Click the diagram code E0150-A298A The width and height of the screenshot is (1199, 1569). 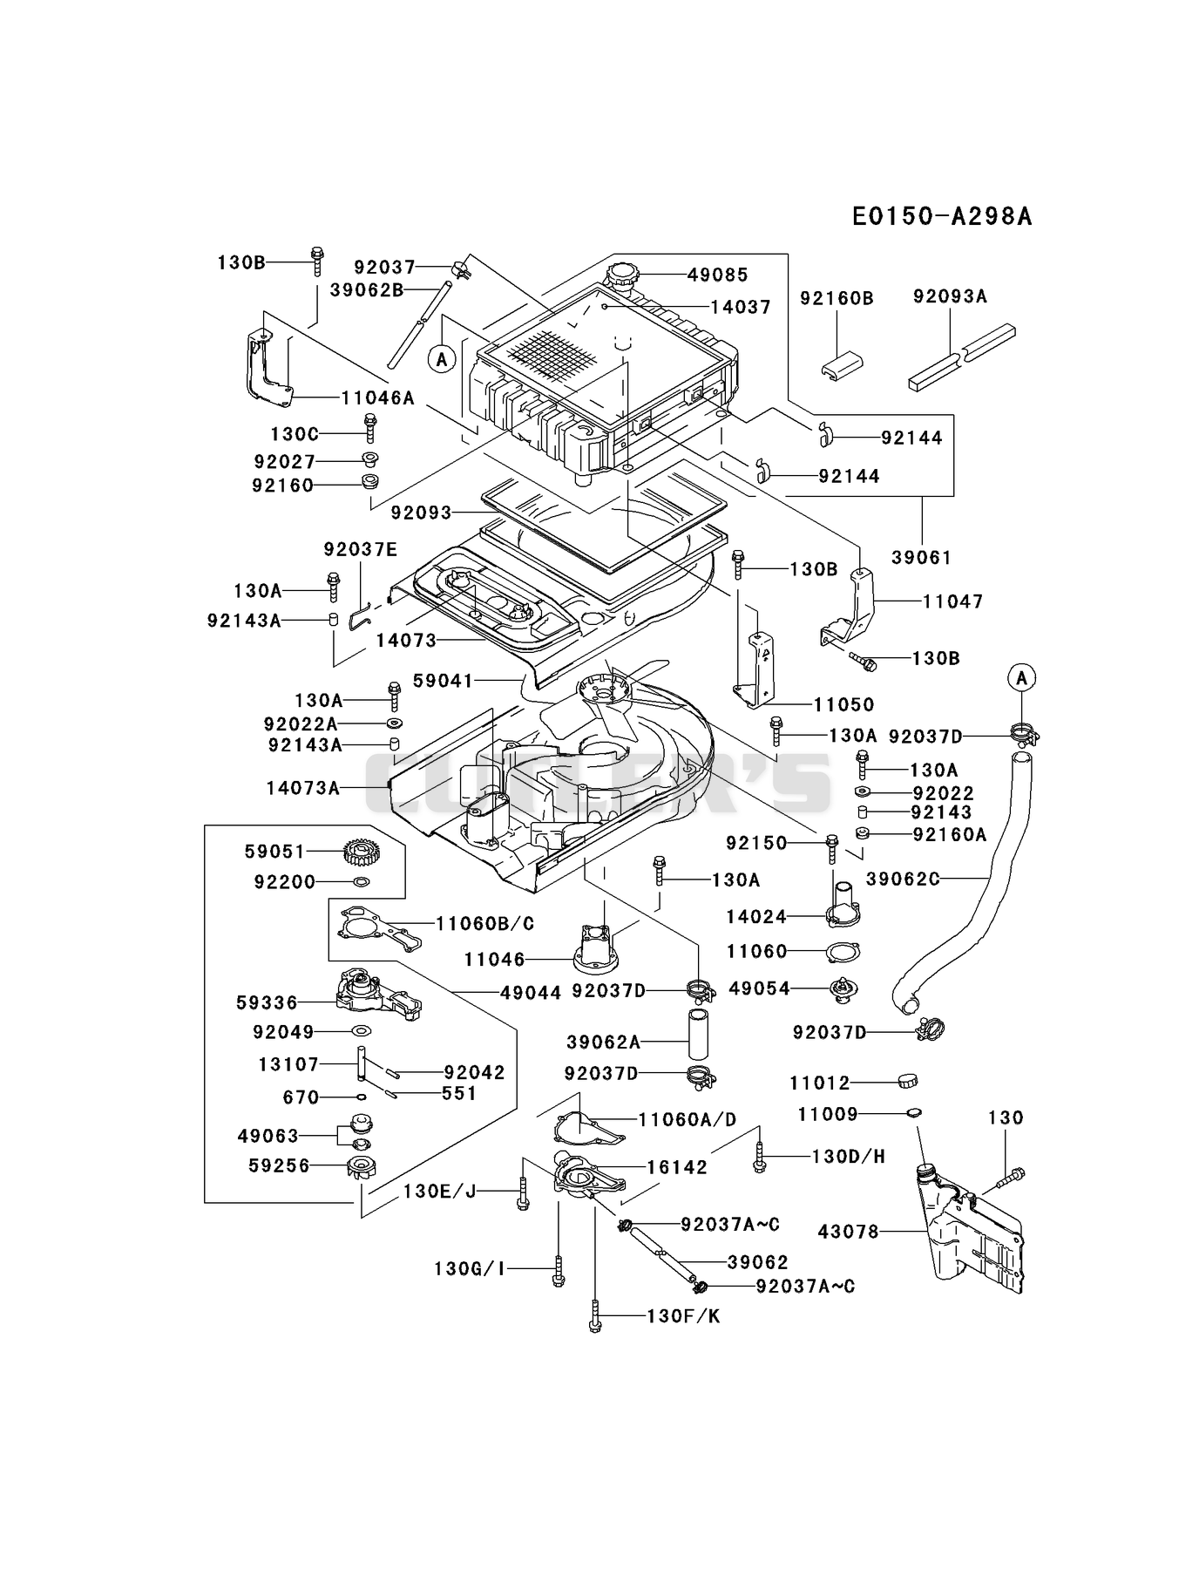point(942,216)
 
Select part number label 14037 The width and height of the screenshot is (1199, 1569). point(740,307)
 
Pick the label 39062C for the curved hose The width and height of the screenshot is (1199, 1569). point(903,879)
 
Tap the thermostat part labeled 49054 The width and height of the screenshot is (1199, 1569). point(843,988)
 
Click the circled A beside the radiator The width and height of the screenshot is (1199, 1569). point(443,358)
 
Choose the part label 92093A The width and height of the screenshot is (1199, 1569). point(950,296)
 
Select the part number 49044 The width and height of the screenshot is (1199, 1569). point(531,992)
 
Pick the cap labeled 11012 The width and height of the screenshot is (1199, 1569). point(907,1082)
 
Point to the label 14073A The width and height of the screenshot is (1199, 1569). point(303,788)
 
